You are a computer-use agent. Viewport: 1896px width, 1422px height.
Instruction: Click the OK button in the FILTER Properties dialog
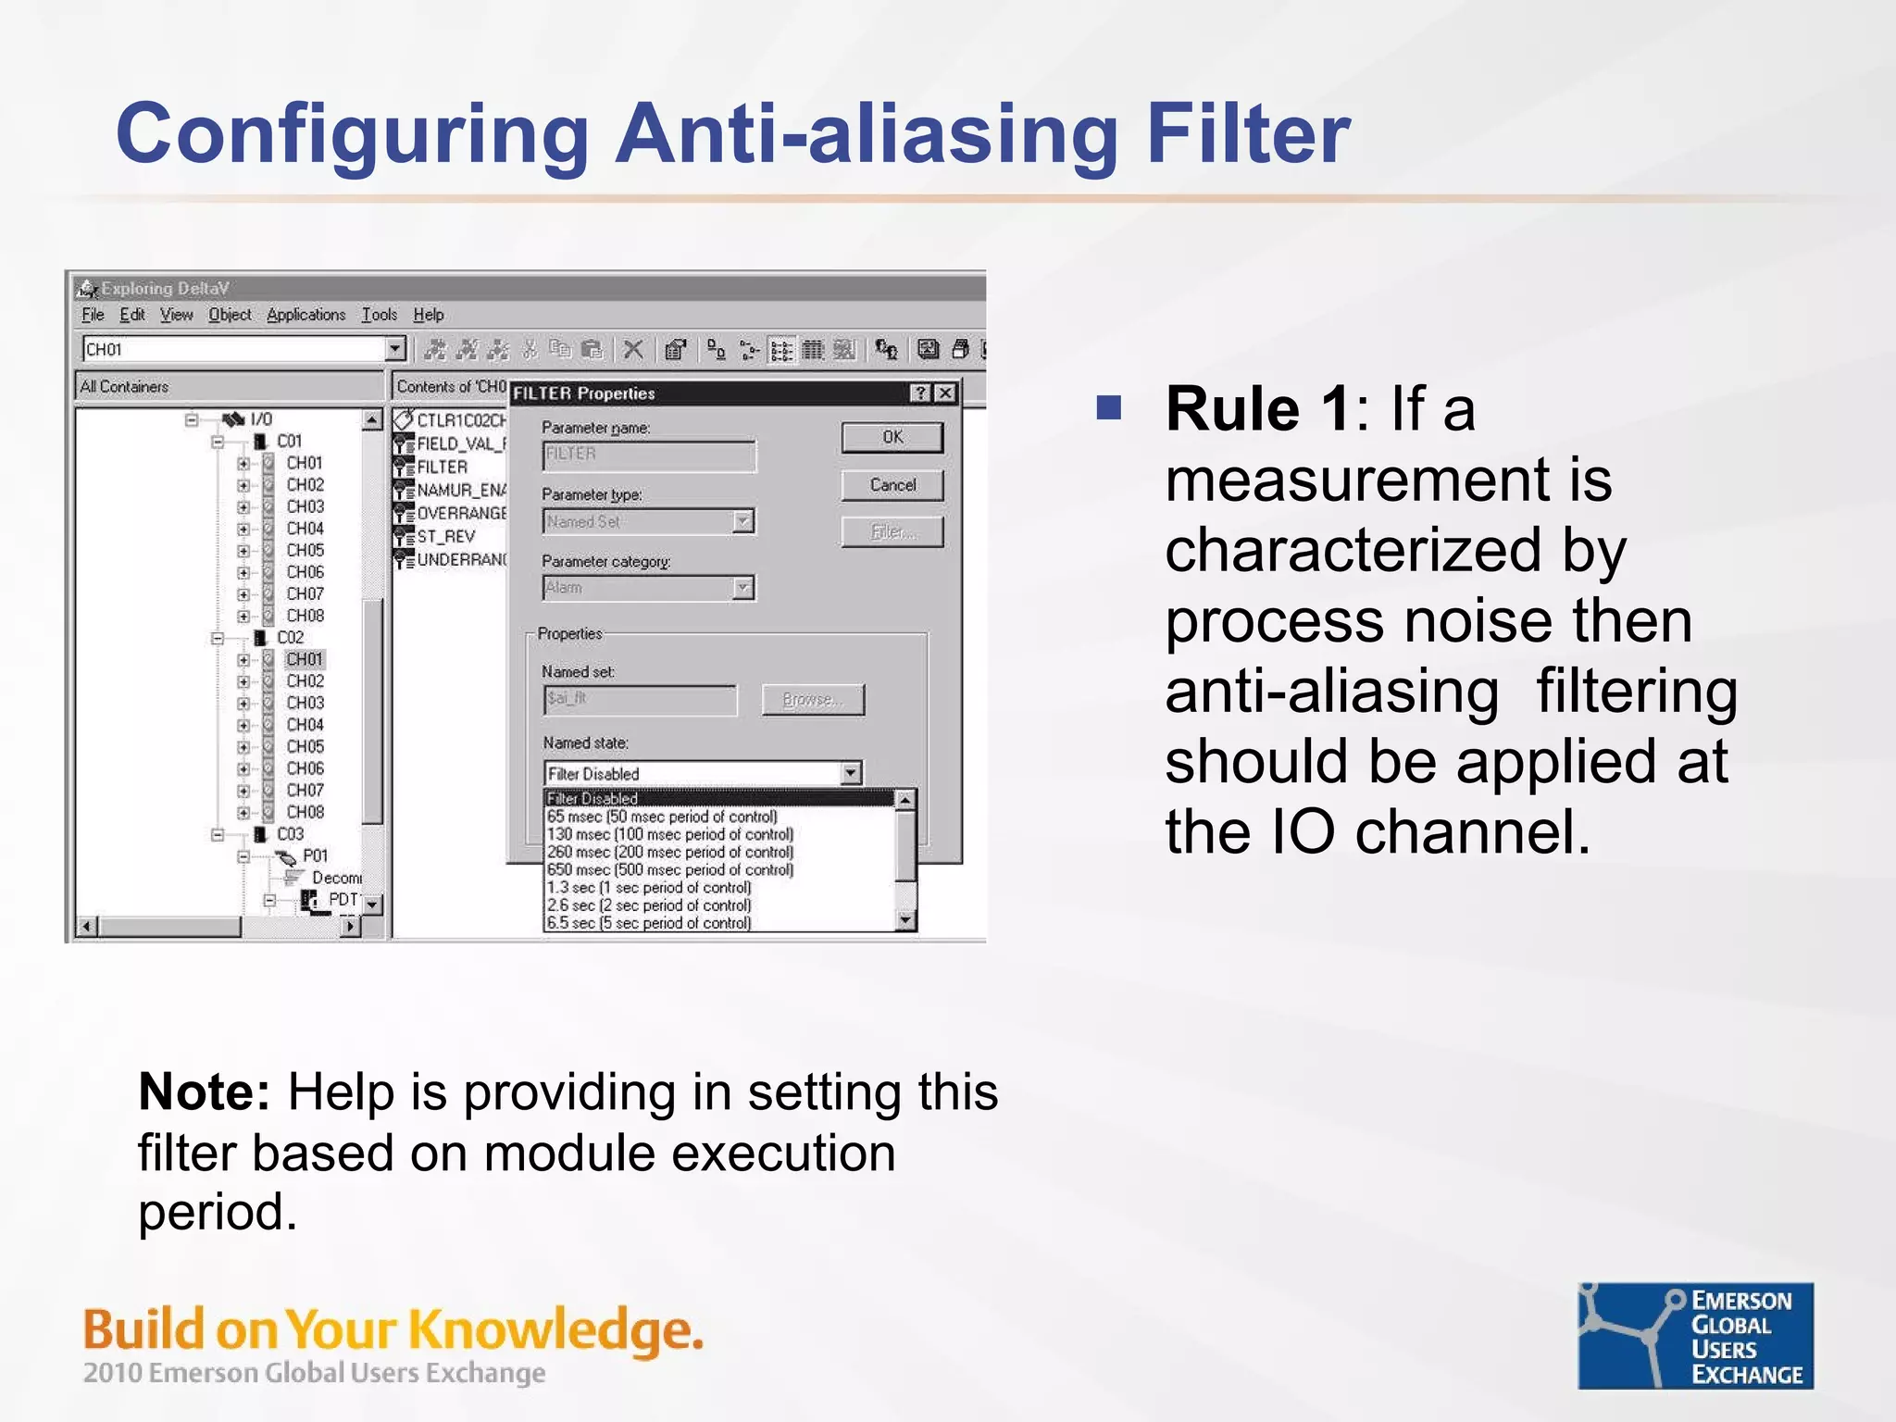892,437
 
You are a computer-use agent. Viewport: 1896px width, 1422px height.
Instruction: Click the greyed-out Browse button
812,700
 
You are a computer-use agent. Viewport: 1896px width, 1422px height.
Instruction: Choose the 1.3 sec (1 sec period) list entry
648,888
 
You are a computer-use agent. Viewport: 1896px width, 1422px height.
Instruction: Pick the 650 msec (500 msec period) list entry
669,870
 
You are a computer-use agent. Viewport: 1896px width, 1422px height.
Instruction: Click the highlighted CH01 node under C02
304,659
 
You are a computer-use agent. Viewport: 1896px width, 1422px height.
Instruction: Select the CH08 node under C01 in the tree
305,616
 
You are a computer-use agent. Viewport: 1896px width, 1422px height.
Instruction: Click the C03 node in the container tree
290,834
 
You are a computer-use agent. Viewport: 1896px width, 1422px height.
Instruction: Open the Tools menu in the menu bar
379,315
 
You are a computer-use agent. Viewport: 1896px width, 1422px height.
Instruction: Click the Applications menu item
306,315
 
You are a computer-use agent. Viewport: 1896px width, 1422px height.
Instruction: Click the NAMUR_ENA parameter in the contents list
460,491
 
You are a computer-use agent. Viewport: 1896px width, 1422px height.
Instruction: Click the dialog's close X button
945,393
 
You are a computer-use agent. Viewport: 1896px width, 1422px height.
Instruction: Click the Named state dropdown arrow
851,773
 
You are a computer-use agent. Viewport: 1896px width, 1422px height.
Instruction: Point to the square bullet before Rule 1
1108,407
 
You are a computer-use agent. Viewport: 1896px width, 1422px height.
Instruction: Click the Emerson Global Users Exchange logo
1695,1335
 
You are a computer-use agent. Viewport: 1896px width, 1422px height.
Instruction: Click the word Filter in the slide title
1248,134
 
